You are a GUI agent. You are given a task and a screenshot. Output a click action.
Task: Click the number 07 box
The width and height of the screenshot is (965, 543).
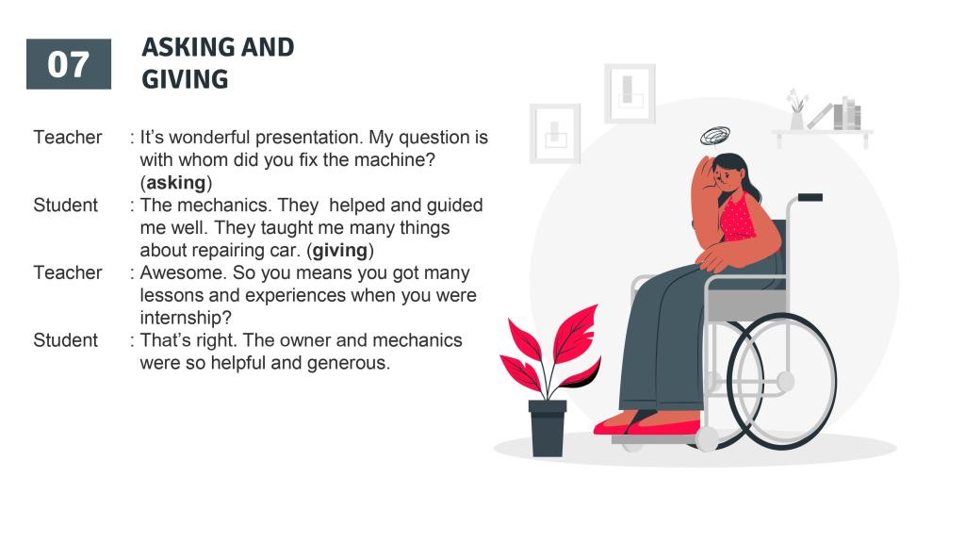pyautogui.click(x=69, y=64)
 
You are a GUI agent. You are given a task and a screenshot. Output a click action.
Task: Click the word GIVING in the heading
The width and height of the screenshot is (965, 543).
pyautogui.click(x=185, y=79)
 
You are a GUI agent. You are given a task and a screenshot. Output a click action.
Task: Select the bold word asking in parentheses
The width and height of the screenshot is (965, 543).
pyautogui.click(x=176, y=183)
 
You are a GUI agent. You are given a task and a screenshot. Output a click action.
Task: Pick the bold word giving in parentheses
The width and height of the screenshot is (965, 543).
pyautogui.click(x=339, y=251)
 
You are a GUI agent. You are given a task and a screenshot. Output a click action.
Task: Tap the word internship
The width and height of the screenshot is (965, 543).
pyautogui.click(x=183, y=318)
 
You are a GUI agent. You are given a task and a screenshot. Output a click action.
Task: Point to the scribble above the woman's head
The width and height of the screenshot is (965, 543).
pyautogui.click(x=715, y=136)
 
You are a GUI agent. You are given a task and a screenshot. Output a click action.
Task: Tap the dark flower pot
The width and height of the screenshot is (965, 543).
pyautogui.click(x=548, y=428)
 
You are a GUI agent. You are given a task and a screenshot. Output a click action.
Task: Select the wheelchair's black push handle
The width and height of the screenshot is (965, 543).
pyautogui.click(x=810, y=198)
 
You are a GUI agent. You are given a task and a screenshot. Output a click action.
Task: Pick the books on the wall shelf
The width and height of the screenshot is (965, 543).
pyautogui.click(x=847, y=114)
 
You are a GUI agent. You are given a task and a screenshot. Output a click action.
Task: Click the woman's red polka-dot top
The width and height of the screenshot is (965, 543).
pyautogui.click(x=738, y=218)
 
